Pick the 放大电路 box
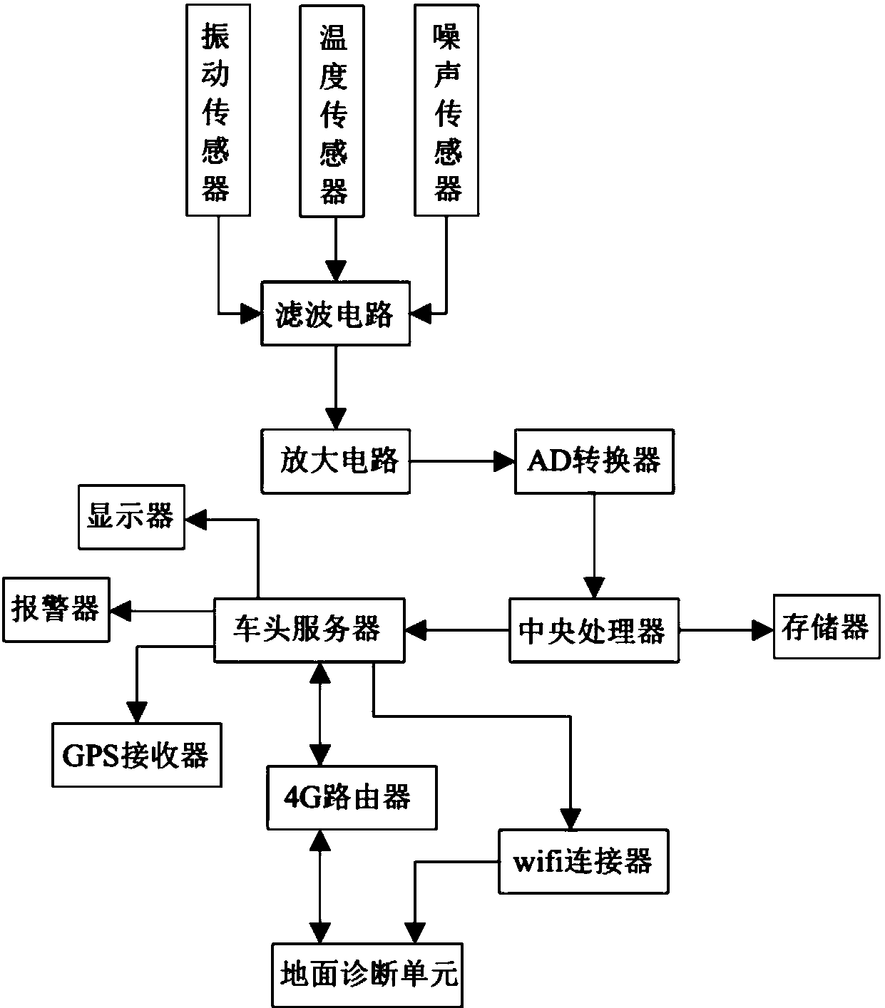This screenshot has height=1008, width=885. pos(336,461)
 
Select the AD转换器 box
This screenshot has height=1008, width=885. pos(593,461)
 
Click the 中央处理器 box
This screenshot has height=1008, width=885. pos(593,630)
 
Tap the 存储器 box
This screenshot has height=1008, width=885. pos(826,627)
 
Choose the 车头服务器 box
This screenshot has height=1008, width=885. pos(309,629)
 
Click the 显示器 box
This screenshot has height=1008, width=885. pos(132,517)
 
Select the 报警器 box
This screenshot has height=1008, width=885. pos(56,610)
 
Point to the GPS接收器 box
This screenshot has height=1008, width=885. pos(136,755)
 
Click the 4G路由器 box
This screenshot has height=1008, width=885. pos(351,797)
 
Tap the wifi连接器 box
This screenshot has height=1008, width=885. pos(583,861)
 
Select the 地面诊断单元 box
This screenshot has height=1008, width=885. pos(368,974)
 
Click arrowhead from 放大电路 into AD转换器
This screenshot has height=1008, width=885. pos(504,462)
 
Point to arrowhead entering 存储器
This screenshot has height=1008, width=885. pos(762,629)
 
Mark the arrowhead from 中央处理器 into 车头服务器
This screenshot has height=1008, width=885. pos(416,629)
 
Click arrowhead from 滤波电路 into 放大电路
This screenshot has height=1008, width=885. pos(335,418)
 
